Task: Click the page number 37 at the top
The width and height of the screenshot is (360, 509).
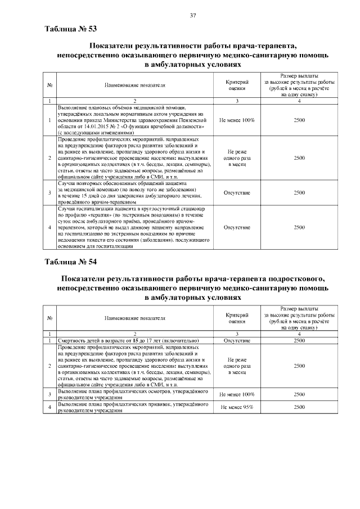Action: (x=192, y=15)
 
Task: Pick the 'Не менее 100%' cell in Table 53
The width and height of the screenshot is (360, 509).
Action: (x=237, y=120)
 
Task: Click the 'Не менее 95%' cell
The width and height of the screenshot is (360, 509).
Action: (x=237, y=407)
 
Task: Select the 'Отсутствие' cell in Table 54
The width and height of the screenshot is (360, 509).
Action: (x=237, y=340)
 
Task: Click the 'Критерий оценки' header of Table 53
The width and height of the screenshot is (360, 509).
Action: (x=237, y=85)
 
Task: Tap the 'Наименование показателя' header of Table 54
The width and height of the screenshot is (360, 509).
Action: (x=135, y=318)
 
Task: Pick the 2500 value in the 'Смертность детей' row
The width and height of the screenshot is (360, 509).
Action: (x=300, y=340)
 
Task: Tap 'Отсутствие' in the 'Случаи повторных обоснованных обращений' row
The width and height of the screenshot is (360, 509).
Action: (x=237, y=192)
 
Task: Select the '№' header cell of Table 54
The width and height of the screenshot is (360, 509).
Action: (x=50, y=318)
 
